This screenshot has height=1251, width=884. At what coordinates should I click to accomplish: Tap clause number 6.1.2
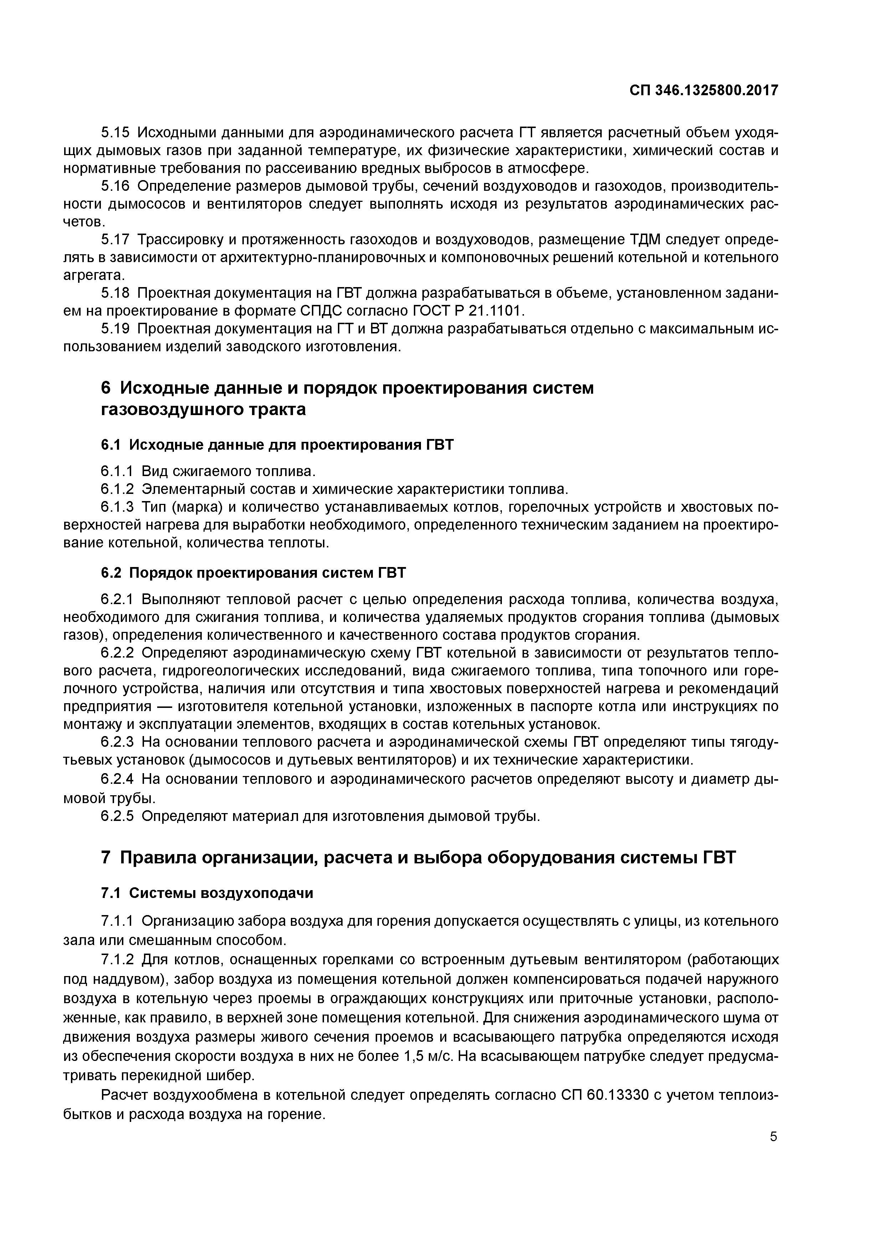point(117,489)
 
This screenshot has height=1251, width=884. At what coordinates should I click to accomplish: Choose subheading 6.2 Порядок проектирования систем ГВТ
point(253,573)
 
